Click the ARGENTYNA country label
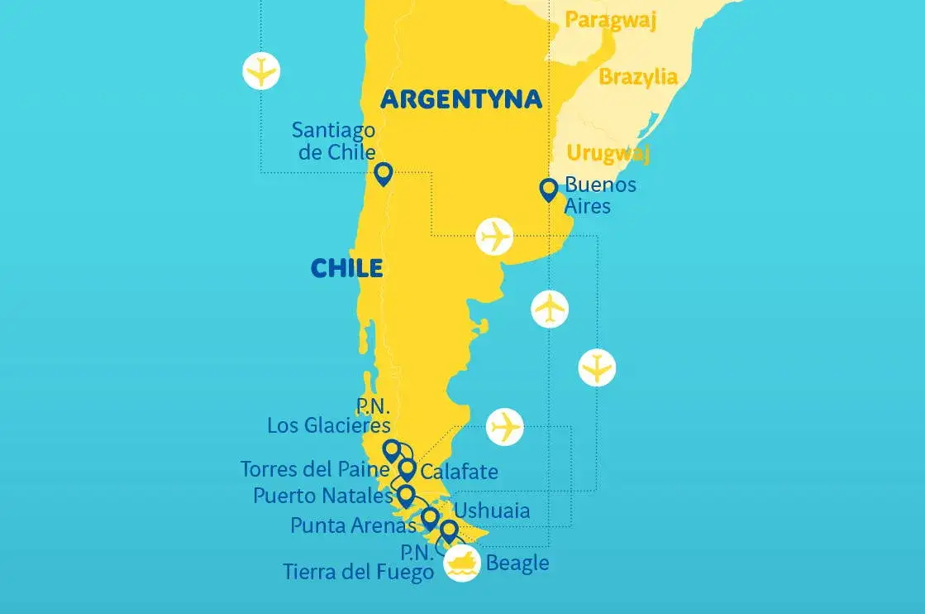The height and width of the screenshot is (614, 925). [x=460, y=100]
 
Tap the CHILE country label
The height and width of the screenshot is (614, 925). [x=346, y=268]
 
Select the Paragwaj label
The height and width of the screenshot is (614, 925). [x=610, y=20]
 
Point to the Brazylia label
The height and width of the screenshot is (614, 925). [x=637, y=77]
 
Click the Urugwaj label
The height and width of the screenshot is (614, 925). [x=608, y=153]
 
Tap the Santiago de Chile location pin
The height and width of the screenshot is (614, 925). [x=382, y=174]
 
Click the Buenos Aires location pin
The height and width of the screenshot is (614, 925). [x=548, y=189]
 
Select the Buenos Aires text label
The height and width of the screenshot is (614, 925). [x=599, y=194]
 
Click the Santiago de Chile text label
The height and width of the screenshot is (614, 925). [x=333, y=142]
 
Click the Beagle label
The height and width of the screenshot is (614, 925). [x=517, y=564]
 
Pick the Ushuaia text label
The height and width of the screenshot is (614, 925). [x=492, y=510]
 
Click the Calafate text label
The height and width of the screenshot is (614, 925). [x=459, y=472]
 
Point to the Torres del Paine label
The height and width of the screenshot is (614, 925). [x=314, y=469]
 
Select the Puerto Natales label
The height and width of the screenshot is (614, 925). [x=322, y=496]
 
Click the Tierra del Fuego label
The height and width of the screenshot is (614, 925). [x=358, y=571]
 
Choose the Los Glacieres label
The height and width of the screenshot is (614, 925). [x=328, y=425]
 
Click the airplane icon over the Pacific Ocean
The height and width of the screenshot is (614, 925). [x=261, y=70]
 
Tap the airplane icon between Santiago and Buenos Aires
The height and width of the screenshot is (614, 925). [x=495, y=237]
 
